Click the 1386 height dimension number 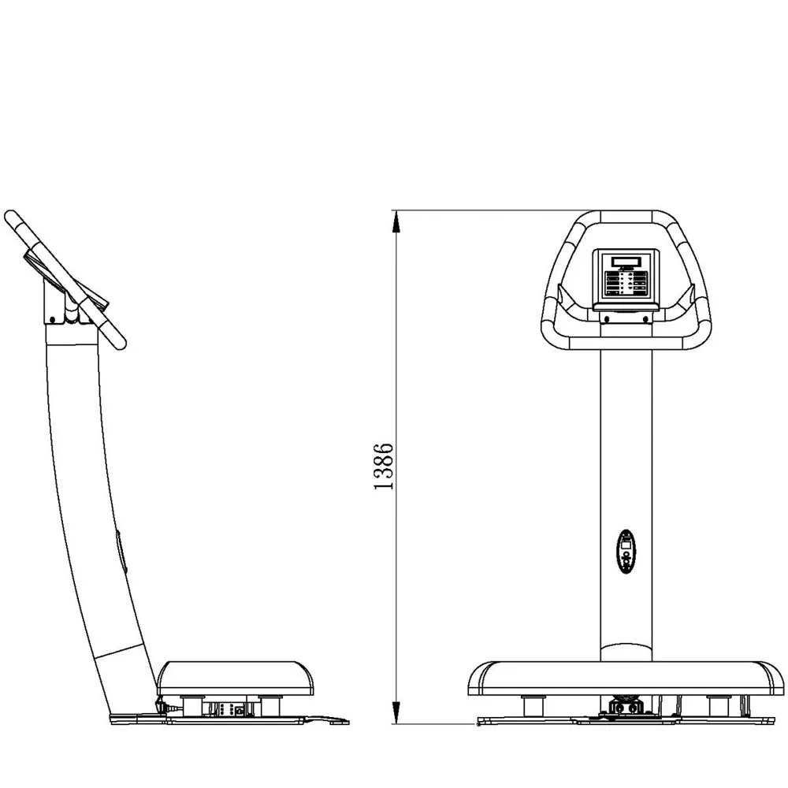click(x=384, y=466)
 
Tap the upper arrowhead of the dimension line click(x=396, y=221)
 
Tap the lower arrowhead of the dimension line click(x=396, y=712)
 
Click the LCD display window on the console click(x=626, y=262)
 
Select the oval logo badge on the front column click(x=626, y=552)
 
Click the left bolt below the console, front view click(x=607, y=319)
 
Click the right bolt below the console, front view click(x=646, y=319)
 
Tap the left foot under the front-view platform click(x=533, y=705)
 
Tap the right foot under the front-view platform click(x=719, y=705)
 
